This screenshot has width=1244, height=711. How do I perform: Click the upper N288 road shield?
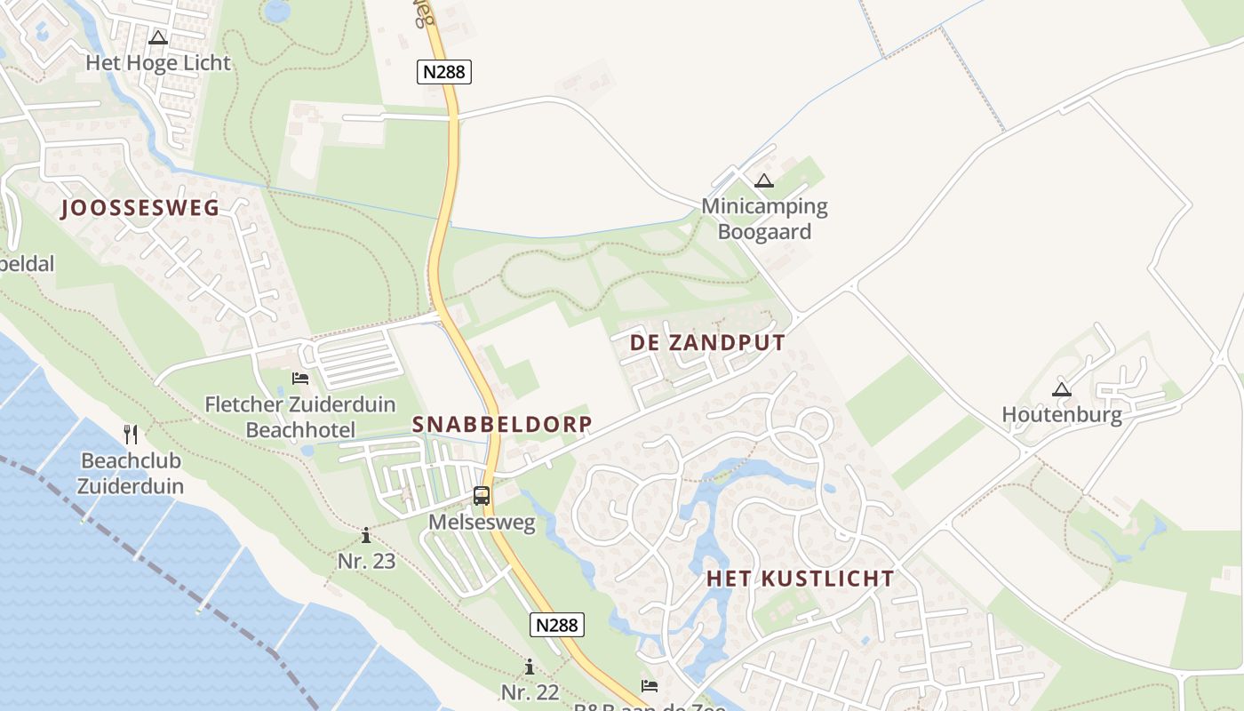pyautogui.click(x=443, y=72)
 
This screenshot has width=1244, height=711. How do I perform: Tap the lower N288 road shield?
pyautogui.click(x=558, y=625)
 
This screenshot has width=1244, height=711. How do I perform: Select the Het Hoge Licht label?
pyautogui.click(x=158, y=63)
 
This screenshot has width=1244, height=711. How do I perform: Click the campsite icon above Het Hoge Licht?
pyautogui.click(x=158, y=37)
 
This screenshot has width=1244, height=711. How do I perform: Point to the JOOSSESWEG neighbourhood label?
pyautogui.click(x=140, y=209)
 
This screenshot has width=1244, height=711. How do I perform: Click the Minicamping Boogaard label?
pyautogui.click(x=764, y=220)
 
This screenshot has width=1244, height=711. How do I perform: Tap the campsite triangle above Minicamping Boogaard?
pyautogui.click(x=763, y=181)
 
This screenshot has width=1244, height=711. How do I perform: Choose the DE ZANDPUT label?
pyautogui.click(x=708, y=343)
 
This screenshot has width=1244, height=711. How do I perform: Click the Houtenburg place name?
pyautogui.click(x=1062, y=414)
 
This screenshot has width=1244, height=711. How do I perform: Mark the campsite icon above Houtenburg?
pyautogui.click(x=1061, y=388)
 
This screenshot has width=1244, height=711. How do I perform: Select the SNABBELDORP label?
pyautogui.click(x=502, y=425)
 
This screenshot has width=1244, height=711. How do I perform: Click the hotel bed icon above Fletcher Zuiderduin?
pyautogui.click(x=300, y=379)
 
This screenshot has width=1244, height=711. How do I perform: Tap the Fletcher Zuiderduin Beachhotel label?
pyautogui.click(x=300, y=418)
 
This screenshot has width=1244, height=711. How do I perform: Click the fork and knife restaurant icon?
pyautogui.click(x=131, y=434)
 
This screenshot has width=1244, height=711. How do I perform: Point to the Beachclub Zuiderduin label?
pyautogui.click(x=131, y=474)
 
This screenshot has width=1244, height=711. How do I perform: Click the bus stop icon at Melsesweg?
pyautogui.click(x=482, y=496)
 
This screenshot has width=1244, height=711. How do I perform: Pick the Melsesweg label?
pyautogui.click(x=482, y=523)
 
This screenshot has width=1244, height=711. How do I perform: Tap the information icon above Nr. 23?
pyautogui.click(x=366, y=535)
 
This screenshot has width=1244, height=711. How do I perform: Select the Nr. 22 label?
pyautogui.click(x=530, y=692)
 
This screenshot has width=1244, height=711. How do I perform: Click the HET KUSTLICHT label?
pyautogui.click(x=801, y=579)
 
